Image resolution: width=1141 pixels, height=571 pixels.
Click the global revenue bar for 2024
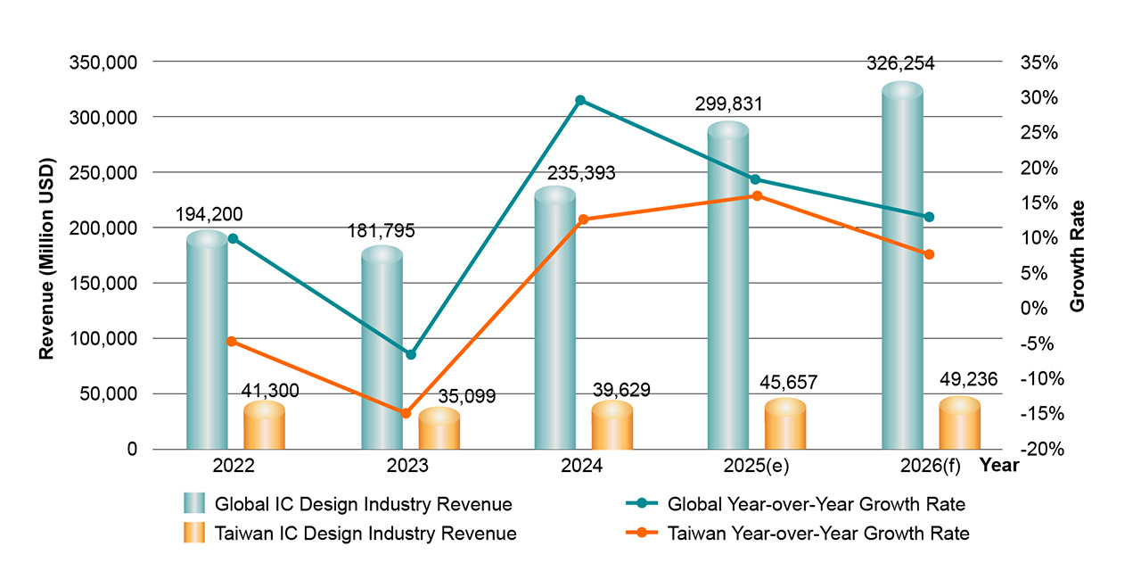click(x=554, y=321)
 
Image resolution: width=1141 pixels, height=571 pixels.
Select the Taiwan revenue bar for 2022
click(x=264, y=426)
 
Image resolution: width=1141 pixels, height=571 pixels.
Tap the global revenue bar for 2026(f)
click(x=902, y=268)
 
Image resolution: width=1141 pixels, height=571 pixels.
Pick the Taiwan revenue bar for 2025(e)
click(x=785, y=425)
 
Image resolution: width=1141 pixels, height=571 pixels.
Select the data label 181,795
click(x=381, y=231)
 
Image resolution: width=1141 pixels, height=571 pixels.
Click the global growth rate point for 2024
click(x=580, y=100)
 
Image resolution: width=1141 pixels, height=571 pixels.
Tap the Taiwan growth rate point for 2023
click(x=406, y=413)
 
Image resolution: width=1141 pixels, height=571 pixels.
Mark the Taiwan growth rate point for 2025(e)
click(x=757, y=195)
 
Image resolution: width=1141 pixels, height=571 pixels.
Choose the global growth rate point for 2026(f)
click(x=929, y=217)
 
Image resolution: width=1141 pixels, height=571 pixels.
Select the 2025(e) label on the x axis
click(x=757, y=467)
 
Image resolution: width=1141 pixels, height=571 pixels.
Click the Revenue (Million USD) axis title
click(x=46, y=259)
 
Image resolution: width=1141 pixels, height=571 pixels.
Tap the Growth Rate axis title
click(x=1078, y=267)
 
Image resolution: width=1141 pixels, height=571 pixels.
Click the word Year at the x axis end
click(x=998, y=465)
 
